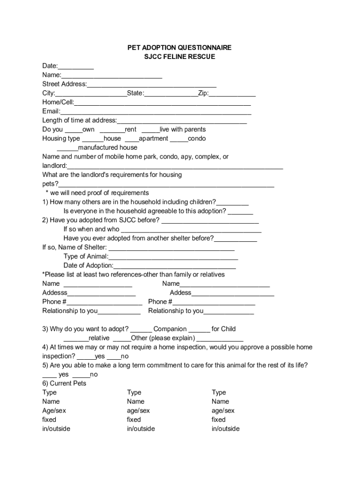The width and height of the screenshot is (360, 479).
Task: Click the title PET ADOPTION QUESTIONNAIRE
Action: pyautogui.click(x=180, y=48)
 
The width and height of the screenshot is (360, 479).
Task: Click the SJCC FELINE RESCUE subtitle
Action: pyautogui.click(x=180, y=57)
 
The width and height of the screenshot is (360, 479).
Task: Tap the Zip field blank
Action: pyautogui.click(x=232, y=94)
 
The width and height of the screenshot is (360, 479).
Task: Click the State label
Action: pyautogui.click(x=136, y=93)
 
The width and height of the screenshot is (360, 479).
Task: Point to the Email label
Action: pyautogui.click(x=51, y=111)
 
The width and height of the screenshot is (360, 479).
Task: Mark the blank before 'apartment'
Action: pyautogui.click(x=132, y=139)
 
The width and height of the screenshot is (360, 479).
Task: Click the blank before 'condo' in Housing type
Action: pyautogui.click(x=179, y=139)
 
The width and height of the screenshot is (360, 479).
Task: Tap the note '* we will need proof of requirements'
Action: pyautogui.click(x=97, y=193)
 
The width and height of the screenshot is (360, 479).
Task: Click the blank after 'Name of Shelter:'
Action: pyautogui.click(x=171, y=248)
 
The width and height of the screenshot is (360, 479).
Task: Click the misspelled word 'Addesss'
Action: pyautogui.click(x=55, y=292)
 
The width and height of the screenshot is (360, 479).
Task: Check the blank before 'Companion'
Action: pyautogui.click(x=141, y=329)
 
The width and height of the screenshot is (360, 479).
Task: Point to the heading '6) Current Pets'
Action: pyautogui.click(x=65, y=384)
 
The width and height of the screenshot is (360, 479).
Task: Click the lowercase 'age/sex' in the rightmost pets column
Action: pyautogui.click(x=223, y=411)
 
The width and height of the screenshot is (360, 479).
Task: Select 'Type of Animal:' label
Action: pyautogui.click(x=86, y=256)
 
